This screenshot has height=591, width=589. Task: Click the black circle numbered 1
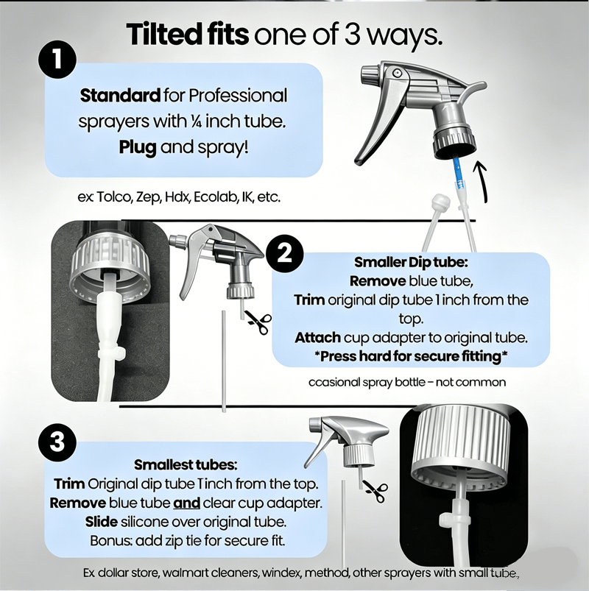pos(57,59)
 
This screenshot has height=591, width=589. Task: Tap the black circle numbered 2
pos(285,254)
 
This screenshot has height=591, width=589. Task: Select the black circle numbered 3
pos(57,442)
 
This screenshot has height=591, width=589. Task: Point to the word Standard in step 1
pos(120,96)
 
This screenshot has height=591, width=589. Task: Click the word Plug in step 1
pos(138,147)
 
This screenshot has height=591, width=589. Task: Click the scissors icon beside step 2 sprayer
pos(258,322)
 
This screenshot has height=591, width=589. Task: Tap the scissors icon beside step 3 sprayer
pos(374,491)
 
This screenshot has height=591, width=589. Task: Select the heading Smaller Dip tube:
pos(411,262)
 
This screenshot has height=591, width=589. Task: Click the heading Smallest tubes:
pos(186,464)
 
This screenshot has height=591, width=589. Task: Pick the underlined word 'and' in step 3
pos(186,503)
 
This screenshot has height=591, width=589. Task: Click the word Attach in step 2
pos(317,338)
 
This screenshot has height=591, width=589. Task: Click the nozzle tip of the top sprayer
pos(368,75)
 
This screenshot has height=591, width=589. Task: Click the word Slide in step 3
pos(101,522)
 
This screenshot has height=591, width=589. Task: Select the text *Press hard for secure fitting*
pos(411,356)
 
